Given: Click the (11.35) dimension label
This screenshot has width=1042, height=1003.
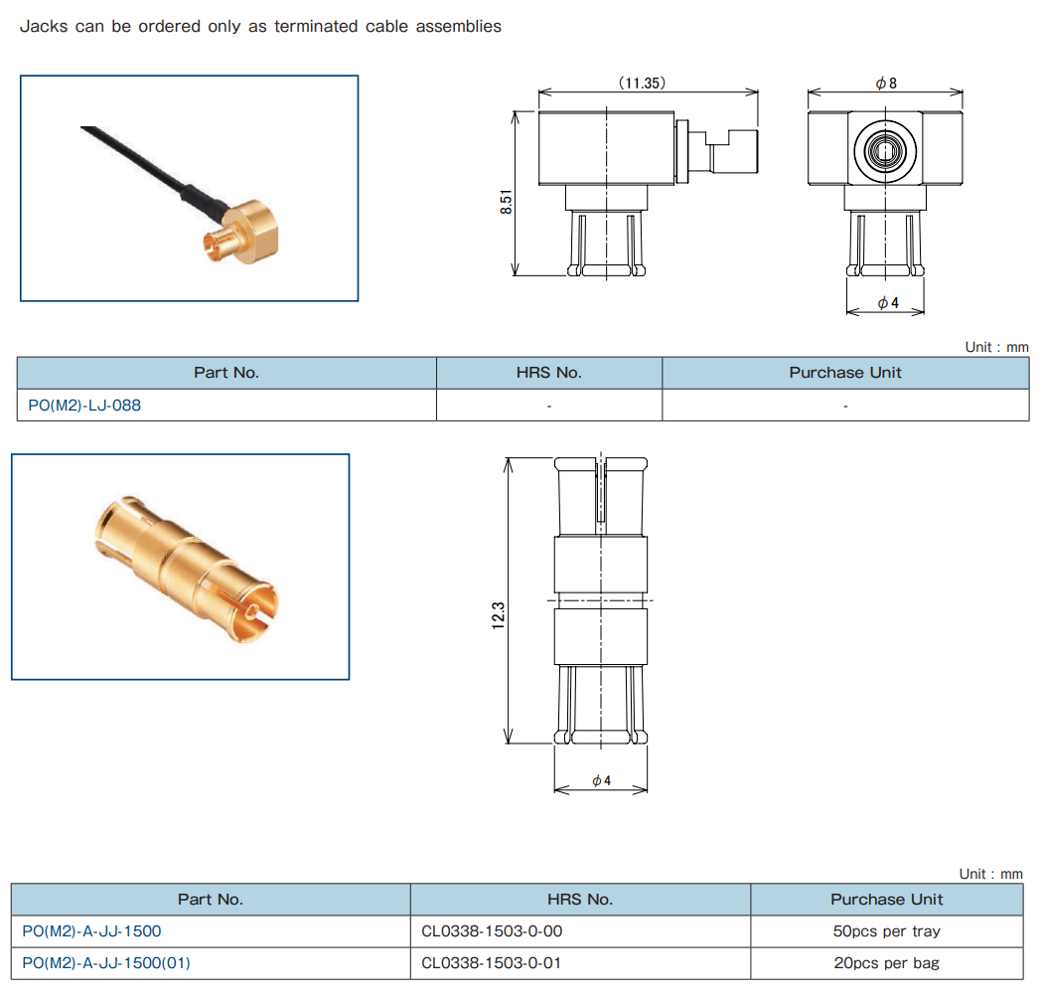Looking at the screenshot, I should tap(642, 84).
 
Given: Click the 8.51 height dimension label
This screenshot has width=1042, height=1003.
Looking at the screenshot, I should tap(507, 203).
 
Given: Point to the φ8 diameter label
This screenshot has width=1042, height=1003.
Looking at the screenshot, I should tap(885, 84).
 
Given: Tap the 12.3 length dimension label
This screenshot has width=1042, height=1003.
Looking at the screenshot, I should tap(499, 614).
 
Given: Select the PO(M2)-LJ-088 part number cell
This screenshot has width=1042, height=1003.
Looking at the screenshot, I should tap(85, 406).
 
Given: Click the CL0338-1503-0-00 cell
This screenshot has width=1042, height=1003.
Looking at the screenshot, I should tap(493, 931).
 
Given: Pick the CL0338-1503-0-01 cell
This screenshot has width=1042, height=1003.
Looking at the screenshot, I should tap(493, 962).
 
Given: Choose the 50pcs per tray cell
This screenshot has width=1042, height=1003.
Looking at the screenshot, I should tap(886, 931).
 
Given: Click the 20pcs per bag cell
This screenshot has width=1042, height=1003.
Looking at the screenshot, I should tap(886, 962).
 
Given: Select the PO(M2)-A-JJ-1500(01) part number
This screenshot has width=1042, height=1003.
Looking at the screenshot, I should tap(106, 962).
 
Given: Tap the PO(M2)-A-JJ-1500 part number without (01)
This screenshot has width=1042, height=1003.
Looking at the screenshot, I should tap(91, 931).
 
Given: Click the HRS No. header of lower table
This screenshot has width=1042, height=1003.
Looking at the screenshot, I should tap(579, 899).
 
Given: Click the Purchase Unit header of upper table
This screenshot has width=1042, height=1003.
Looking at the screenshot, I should tap(845, 373).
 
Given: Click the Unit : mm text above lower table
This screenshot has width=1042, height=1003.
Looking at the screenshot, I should tap(990, 874).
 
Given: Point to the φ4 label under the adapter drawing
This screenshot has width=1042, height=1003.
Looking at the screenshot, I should tap(601, 781).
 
